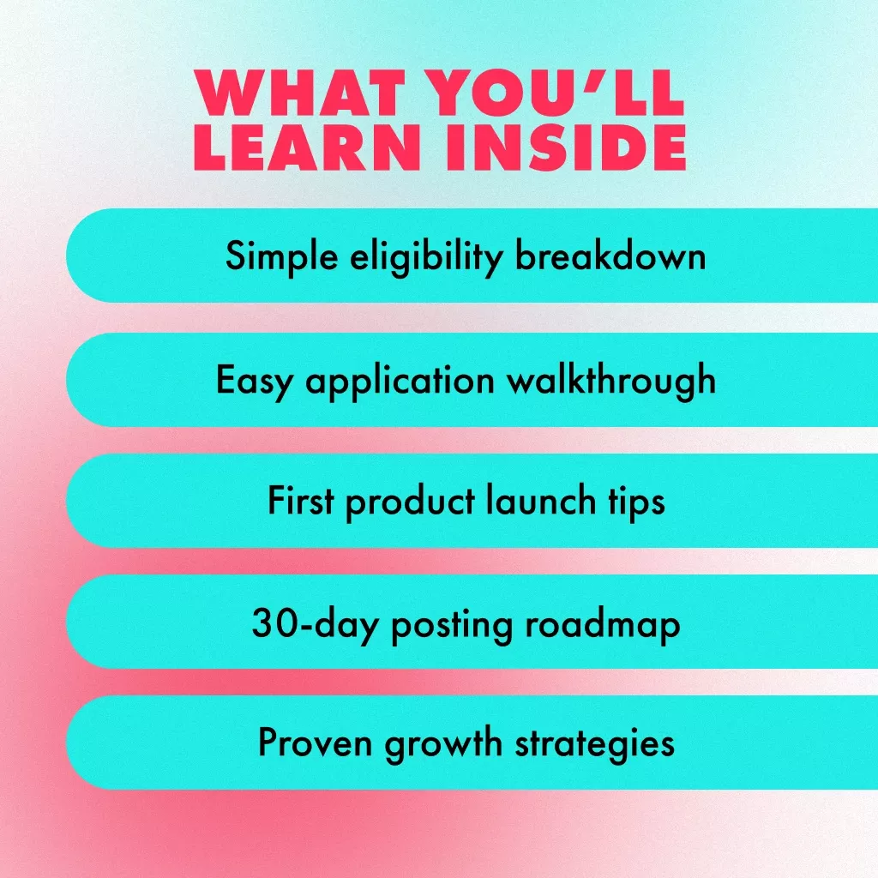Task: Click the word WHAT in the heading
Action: coord(299,92)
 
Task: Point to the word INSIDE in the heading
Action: coord(566,147)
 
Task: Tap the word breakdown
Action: coord(610,256)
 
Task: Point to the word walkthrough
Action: coord(611,380)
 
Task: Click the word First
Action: coord(301,500)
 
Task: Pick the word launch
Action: coord(540,500)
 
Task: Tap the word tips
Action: coord(637,502)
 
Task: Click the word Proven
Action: coord(315,743)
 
